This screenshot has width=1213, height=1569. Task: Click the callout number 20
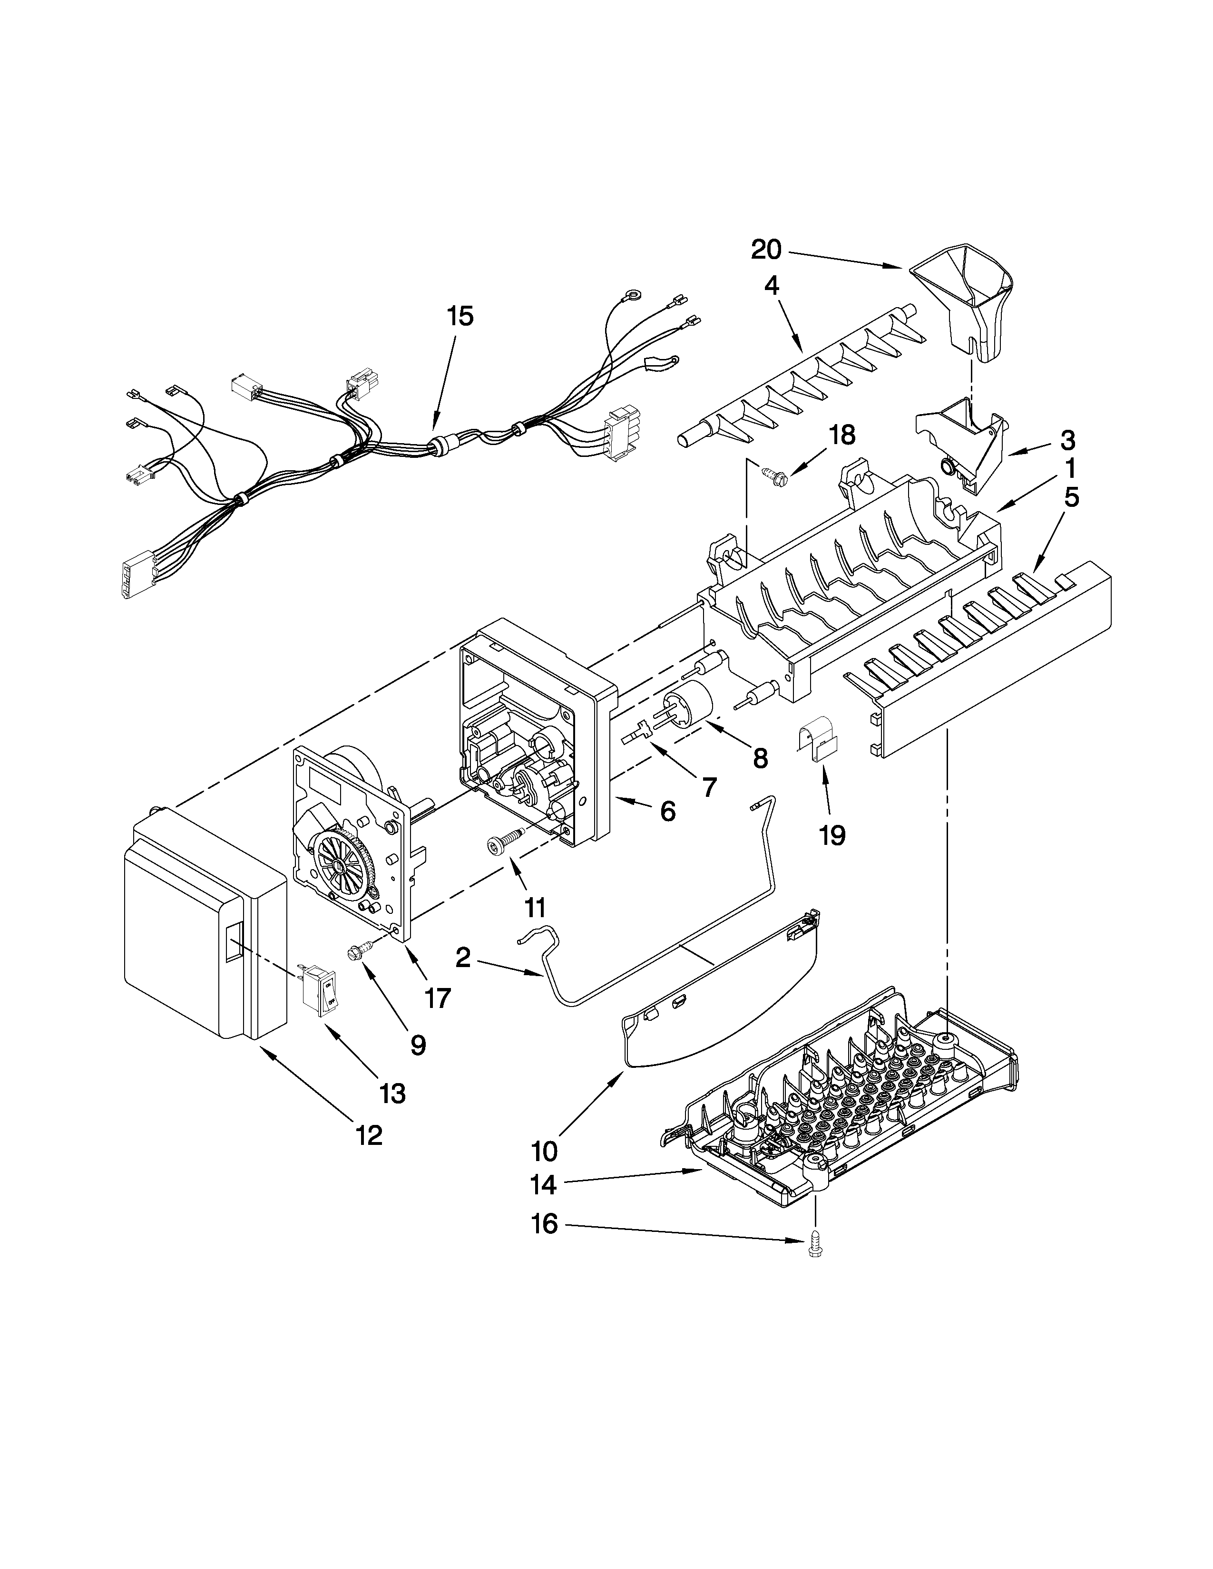pos(766,250)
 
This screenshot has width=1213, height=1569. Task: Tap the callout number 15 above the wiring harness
pos(460,316)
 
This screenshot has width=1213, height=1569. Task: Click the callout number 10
pos(545,1152)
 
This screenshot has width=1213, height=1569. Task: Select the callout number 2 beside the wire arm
pos(463,958)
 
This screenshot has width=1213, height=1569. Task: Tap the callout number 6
pos(667,812)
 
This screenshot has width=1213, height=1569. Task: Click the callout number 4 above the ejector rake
pos(771,286)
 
